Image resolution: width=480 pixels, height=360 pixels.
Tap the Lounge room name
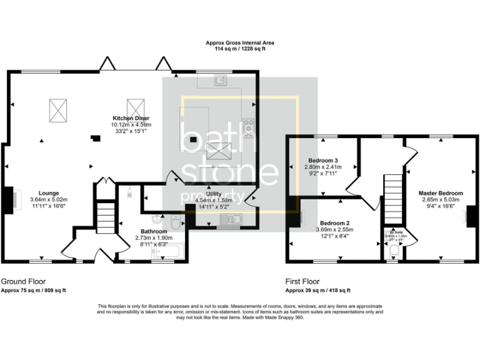(x=48, y=193)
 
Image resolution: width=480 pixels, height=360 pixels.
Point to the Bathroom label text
(x=153, y=231)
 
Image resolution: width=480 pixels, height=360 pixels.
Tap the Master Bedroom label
(x=441, y=193)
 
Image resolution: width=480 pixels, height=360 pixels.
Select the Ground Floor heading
(x=23, y=282)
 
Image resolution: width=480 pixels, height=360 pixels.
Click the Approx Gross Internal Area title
(x=240, y=42)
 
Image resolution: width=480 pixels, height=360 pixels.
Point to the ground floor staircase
(x=107, y=219)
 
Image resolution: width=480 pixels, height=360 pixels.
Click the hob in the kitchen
(x=249, y=127)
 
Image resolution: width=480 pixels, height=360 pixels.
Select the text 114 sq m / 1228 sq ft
(x=240, y=49)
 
